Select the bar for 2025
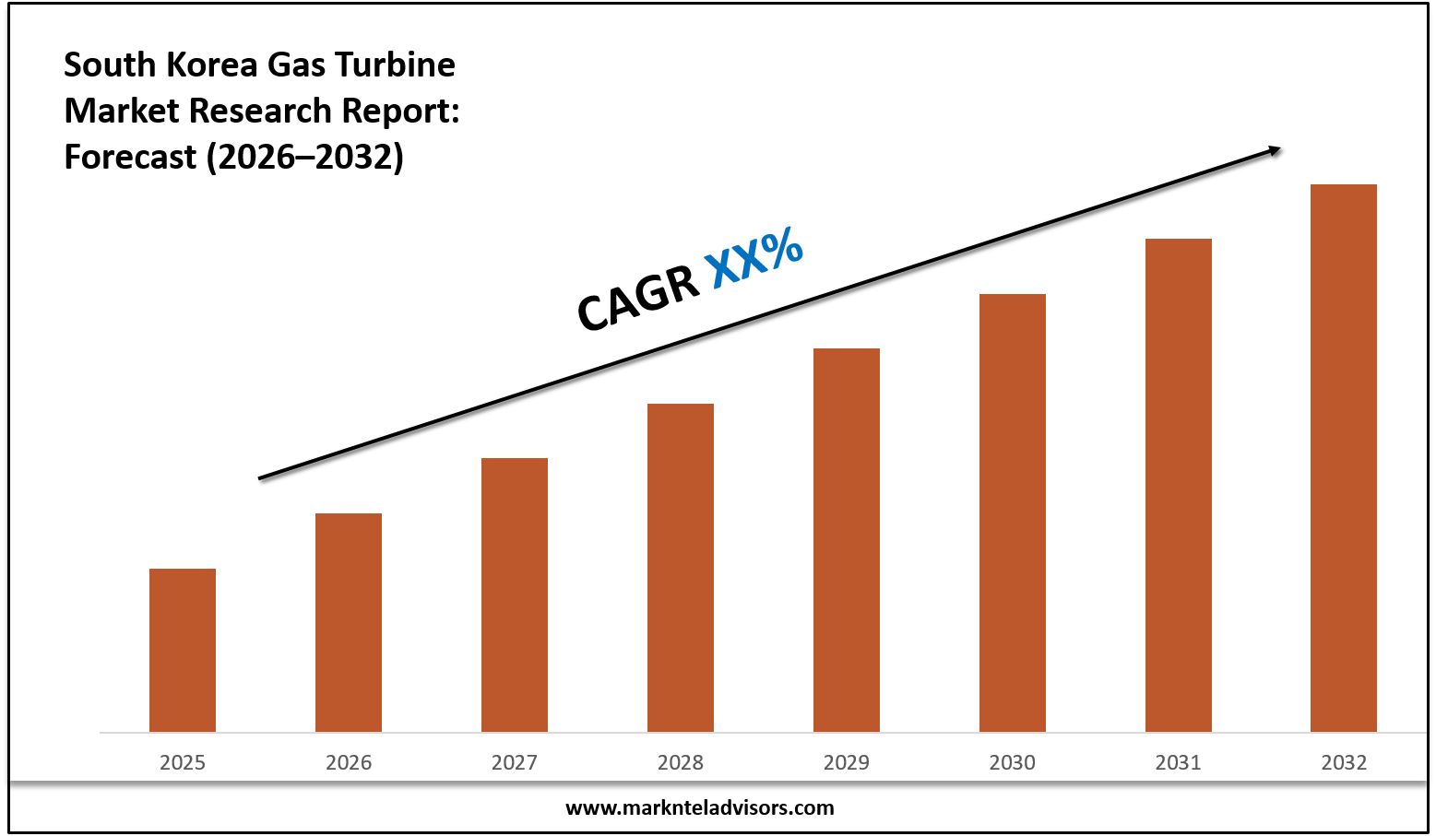point(183,650)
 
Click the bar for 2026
point(349,622)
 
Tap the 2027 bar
point(515,595)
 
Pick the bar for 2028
point(681,568)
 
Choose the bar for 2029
point(847,540)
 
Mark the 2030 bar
point(1013,512)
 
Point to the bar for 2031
point(1179,485)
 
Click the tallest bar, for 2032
point(1344,458)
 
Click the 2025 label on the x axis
point(183,762)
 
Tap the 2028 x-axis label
point(681,762)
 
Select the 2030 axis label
point(1013,762)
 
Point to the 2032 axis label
point(1344,762)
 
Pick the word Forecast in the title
point(130,157)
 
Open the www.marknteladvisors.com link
point(699,808)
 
